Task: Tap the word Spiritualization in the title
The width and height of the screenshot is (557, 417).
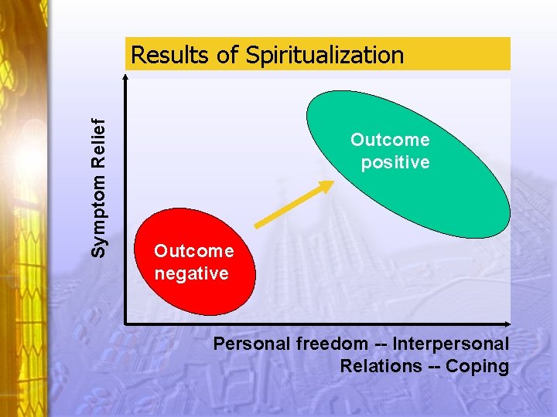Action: (325, 56)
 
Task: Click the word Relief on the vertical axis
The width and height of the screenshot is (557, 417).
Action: (98, 144)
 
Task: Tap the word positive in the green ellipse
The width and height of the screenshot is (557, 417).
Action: (395, 162)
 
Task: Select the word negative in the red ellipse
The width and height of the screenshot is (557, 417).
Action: (191, 273)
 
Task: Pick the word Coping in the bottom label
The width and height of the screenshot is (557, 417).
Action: (481, 367)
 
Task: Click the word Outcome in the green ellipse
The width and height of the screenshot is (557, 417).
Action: (390, 140)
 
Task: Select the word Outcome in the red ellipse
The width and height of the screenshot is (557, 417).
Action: (193, 251)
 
